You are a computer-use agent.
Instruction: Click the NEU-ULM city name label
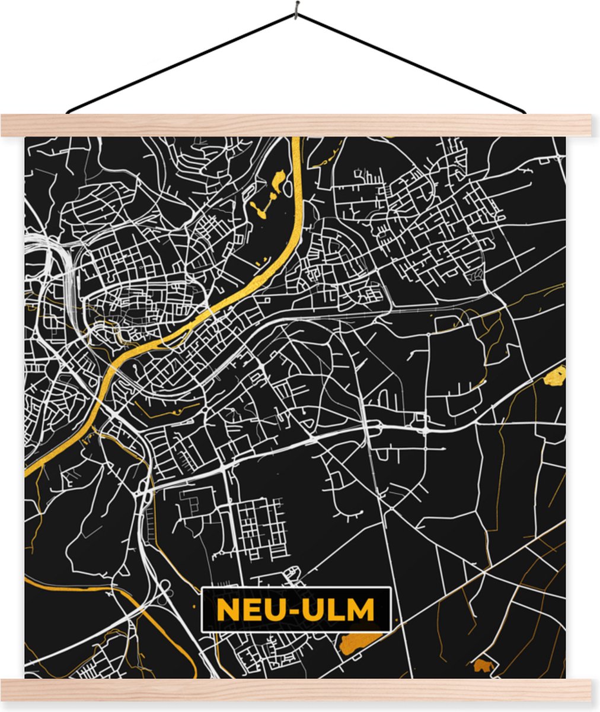[296, 609]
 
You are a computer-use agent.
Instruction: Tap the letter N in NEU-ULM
[226, 609]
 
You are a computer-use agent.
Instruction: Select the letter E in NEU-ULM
[251, 609]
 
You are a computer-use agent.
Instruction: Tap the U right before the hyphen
[276, 609]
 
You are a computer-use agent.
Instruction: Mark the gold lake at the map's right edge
[556, 376]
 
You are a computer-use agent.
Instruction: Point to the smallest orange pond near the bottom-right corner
[483, 666]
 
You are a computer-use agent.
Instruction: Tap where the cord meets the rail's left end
[68, 112]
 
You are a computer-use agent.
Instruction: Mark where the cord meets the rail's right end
[524, 112]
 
